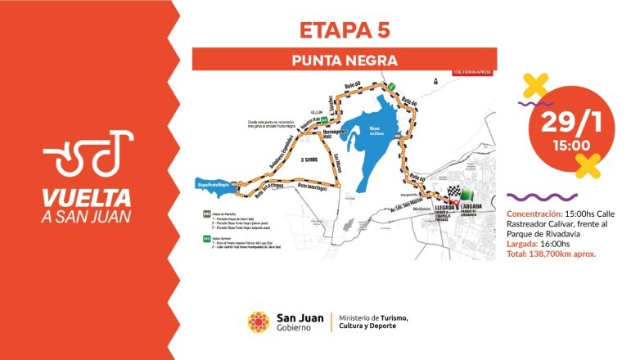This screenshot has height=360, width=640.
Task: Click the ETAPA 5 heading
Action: tap(345, 29)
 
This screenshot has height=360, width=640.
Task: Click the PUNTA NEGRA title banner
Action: tap(345, 60)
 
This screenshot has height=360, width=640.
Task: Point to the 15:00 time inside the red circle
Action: tap(561, 146)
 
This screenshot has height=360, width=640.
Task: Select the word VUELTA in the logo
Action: tap(88, 197)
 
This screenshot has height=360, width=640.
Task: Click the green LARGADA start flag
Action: tap(467, 195)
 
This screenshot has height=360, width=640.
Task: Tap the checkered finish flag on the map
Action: tap(453, 195)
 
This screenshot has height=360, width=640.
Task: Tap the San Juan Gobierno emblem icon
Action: tap(259, 322)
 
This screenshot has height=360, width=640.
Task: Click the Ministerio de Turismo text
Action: tap(372, 317)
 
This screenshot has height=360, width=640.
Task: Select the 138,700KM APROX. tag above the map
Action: tap(468, 72)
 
